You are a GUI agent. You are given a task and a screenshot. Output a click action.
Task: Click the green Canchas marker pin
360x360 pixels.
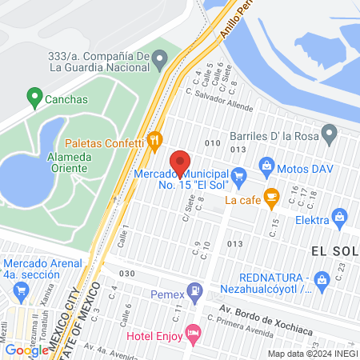[34, 98]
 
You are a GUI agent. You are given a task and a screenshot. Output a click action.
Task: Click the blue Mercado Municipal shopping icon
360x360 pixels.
[238, 174]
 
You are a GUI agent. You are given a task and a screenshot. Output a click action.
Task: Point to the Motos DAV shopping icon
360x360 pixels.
[267, 168]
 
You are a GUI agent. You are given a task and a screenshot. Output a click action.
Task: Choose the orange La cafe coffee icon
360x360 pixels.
[270, 195]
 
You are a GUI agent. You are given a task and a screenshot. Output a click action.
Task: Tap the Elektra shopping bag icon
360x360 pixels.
[340, 216]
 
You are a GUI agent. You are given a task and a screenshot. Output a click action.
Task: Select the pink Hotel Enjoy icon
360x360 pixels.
[192, 330]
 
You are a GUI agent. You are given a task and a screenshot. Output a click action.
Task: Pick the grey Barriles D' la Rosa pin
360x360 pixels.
[328, 130]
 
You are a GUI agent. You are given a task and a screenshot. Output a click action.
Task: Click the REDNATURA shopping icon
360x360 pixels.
[322, 279]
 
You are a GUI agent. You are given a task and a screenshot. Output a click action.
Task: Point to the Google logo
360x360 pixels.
[26, 350]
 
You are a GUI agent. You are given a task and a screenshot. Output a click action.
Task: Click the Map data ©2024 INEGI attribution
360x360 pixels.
[311, 353]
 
